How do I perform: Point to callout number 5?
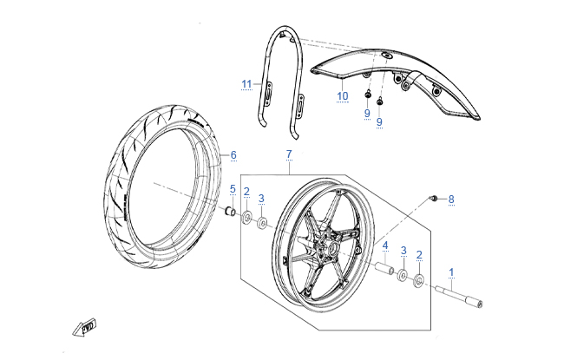coord(233,189)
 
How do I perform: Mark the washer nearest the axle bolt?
coord(420,280)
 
